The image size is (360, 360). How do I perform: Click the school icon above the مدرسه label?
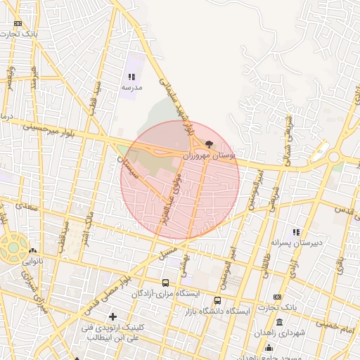pos(131,77)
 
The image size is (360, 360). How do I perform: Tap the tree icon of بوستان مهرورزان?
pos(208,143)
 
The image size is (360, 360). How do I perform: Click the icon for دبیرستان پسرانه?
pos(296,232)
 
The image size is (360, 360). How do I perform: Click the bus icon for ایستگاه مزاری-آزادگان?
pos(165,283)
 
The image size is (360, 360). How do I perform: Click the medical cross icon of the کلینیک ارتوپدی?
pos(112,317)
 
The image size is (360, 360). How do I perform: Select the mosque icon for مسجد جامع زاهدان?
pos(269,348)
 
